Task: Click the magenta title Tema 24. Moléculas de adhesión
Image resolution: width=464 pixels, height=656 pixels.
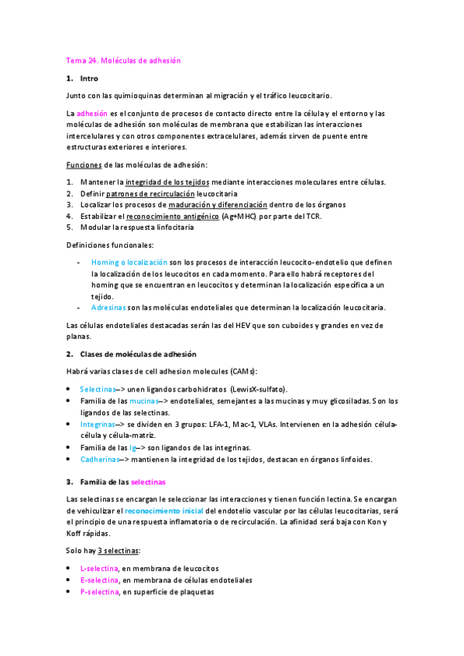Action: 124,60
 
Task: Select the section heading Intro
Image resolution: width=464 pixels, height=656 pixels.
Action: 89,78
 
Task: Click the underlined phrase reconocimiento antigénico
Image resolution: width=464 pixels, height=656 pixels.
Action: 171,217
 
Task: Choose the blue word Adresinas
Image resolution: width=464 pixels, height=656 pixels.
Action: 109,307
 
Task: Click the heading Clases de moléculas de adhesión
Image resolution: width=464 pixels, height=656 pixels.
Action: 135,354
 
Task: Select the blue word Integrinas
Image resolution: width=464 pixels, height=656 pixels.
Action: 98,425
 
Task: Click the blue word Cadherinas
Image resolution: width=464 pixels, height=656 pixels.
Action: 100,459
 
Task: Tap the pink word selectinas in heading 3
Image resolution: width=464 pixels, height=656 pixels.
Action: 148,481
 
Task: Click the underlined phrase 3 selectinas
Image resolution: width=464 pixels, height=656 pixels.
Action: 119,551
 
